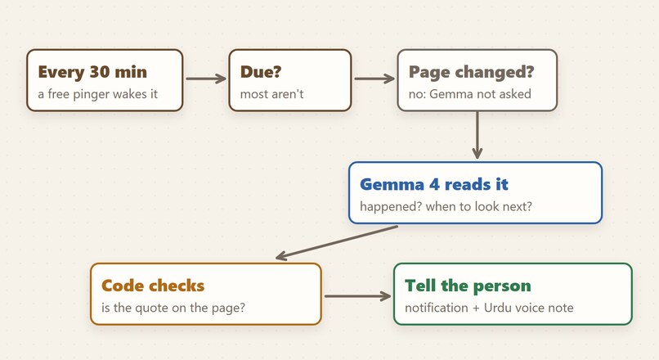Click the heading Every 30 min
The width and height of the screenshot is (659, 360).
(92, 72)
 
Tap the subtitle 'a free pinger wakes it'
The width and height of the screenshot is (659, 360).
(97, 94)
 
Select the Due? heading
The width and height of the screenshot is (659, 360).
(261, 72)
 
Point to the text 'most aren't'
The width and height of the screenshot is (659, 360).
(271, 94)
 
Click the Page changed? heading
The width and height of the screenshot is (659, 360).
(471, 72)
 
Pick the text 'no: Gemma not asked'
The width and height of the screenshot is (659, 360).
(470, 94)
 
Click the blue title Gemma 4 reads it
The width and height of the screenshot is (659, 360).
(434, 184)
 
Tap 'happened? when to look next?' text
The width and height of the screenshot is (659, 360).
(446, 206)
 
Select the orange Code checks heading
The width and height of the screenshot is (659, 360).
(153, 286)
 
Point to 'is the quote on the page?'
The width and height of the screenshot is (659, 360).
(173, 308)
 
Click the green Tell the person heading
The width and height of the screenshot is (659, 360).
(468, 286)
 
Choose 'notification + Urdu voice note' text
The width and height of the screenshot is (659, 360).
(489, 308)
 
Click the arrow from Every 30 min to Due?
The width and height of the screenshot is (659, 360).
(206, 79)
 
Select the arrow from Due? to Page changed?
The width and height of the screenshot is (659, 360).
(374, 79)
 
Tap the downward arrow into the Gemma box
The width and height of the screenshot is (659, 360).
(477, 135)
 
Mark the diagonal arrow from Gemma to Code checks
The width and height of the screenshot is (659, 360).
(337, 243)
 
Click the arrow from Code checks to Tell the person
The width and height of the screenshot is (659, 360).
(357, 296)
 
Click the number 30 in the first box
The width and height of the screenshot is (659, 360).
(99, 72)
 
